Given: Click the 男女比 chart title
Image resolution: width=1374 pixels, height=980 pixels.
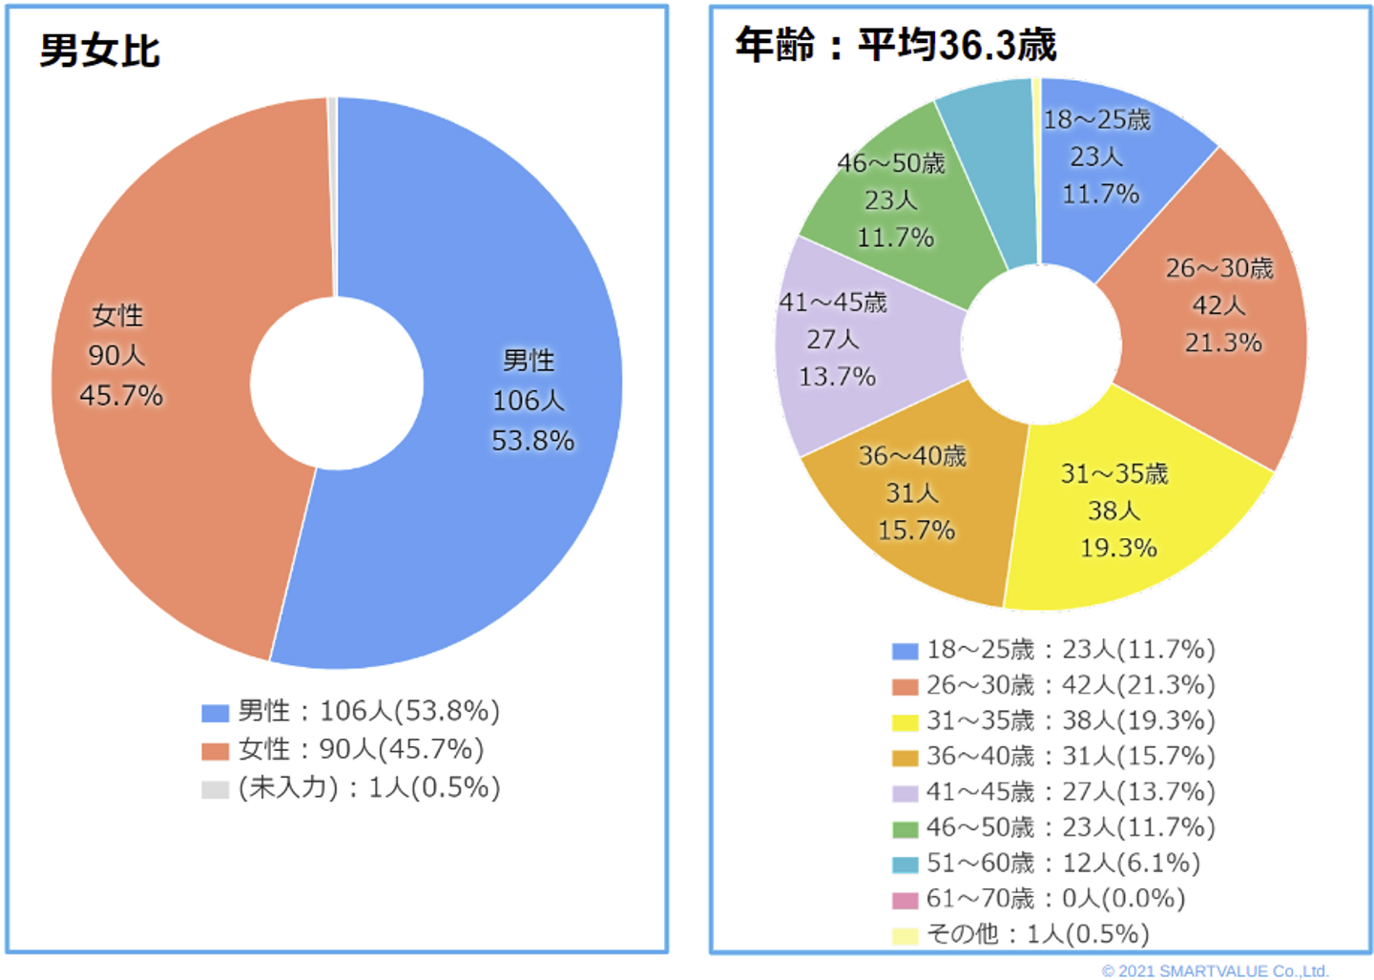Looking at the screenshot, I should pos(99,51).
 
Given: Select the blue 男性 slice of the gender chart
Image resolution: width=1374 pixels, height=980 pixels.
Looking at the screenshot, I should pos(496,286).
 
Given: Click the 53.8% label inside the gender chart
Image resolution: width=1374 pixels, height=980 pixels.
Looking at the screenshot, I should pos(532,441).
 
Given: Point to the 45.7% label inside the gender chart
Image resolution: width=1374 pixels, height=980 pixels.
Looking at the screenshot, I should pos(121,395).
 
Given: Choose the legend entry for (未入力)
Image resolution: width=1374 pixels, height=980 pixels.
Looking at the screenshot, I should pos(351,788).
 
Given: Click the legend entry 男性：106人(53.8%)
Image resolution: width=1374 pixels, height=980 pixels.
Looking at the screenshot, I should pos(351,712).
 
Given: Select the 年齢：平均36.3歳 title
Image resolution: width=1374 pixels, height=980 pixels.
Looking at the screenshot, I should pos(895,45).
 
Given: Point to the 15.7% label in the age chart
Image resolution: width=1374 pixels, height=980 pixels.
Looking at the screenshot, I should pos(916,531).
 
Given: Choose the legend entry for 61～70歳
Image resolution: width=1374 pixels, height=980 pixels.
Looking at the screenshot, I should pos(1040,899).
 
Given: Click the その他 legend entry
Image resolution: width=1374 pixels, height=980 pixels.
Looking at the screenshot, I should pos(1021,934).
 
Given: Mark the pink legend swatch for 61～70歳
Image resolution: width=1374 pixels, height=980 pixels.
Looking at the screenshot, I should pos(905,900).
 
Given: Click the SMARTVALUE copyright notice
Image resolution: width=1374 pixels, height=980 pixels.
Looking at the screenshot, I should pos(1215,970).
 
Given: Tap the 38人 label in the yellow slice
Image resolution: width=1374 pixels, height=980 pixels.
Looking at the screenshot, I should pos(1114,511).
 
